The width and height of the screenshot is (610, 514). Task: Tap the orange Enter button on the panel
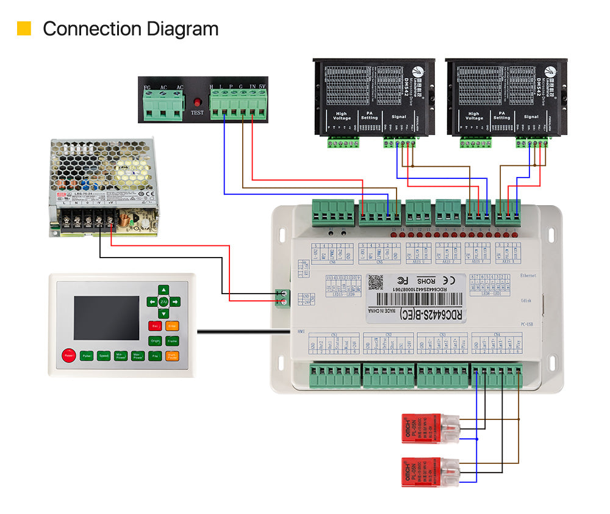point(173,325)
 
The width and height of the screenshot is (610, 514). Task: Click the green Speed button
point(104,355)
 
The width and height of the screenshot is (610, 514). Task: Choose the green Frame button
point(173,341)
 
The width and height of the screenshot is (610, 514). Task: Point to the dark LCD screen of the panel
point(107,317)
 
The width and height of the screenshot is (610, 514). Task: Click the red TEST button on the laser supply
point(197,103)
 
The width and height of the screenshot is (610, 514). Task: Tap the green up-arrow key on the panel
point(163,289)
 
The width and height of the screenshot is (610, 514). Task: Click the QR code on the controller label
point(378,283)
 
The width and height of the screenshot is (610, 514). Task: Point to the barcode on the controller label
point(415,299)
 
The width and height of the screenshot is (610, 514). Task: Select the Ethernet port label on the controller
point(528,276)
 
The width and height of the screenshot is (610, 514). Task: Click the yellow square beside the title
point(24,28)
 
